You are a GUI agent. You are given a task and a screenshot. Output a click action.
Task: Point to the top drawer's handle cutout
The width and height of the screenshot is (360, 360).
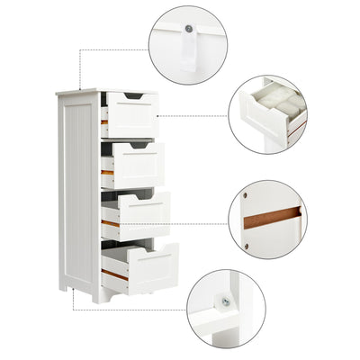coord(132,96)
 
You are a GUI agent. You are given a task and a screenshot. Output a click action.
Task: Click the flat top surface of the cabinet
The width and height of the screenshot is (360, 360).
coord(76,91)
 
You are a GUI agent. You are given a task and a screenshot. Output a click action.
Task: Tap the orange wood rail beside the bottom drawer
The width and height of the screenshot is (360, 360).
coord(112,273)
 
